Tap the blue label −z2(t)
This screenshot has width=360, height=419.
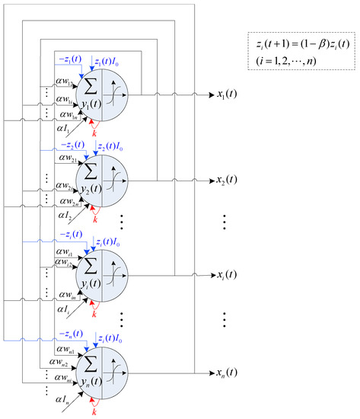click(x=71, y=145)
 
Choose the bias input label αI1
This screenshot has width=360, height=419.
click(x=68, y=132)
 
